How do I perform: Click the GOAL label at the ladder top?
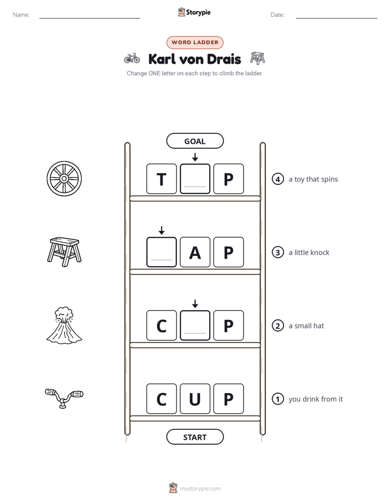(x=195, y=141)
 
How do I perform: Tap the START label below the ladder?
(x=195, y=437)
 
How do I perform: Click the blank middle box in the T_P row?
(x=195, y=179)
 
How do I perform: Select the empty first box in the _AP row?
(x=162, y=252)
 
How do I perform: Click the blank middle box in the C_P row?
(x=195, y=325)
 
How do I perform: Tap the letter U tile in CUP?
(x=195, y=399)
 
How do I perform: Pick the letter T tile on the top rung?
(x=162, y=179)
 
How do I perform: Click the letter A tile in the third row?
(x=195, y=252)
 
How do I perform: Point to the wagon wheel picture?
(x=64, y=178)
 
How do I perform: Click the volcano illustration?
(x=64, y=325)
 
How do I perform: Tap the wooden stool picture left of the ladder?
(x=64, y=252)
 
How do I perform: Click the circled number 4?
(x=277, y=179)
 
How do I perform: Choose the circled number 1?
(x=277, y=399)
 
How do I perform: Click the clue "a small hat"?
(x=306, y=326)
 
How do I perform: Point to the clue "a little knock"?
(x=309, y=253)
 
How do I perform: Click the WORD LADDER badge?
(x=195, y=43)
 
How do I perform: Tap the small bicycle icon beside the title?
(x=132, y=58)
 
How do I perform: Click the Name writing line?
(x=90, y=18)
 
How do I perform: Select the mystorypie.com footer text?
(x=200, y=489)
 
